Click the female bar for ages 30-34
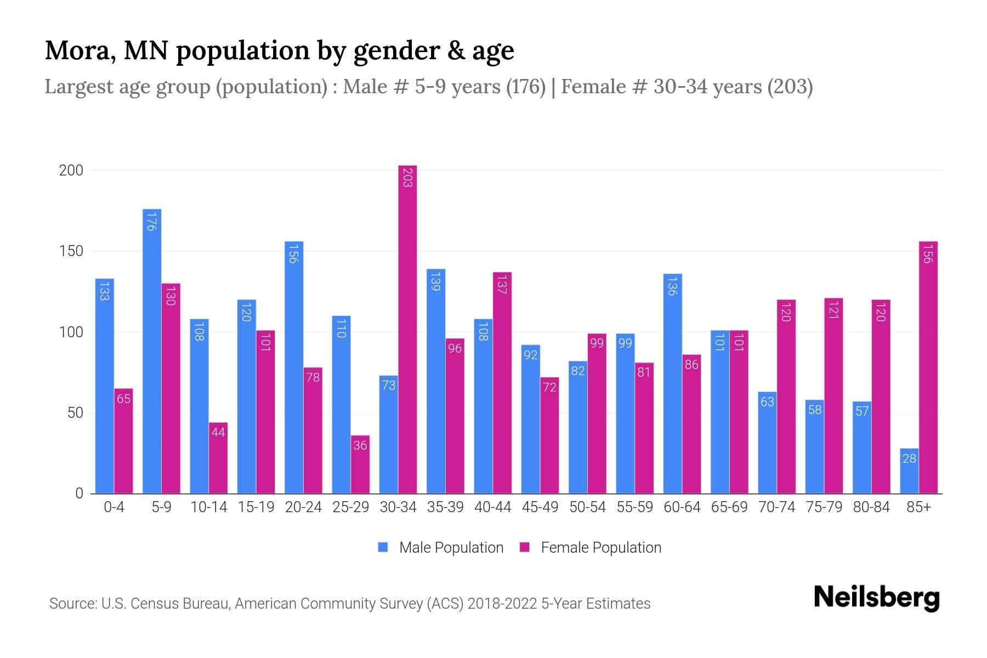click(407, 329)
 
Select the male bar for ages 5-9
click(152, 351)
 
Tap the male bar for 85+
click(909, 472)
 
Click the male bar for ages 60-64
click(673, 384)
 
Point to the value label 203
click(407, 178)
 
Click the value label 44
click(218, 432)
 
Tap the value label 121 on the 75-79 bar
click(833, 310)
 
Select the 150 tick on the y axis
click(71, 251)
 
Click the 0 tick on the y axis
click(80, 493)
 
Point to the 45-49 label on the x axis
click(540, 507)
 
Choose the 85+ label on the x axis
click(918, 507)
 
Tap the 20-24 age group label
click(303, 507)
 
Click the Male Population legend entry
click(441, 548)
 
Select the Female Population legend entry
click(591, 548)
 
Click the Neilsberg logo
click(876, 598)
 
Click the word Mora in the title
click(79, 50)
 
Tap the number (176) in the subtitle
click(525, 87)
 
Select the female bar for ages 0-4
click(123, 441)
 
